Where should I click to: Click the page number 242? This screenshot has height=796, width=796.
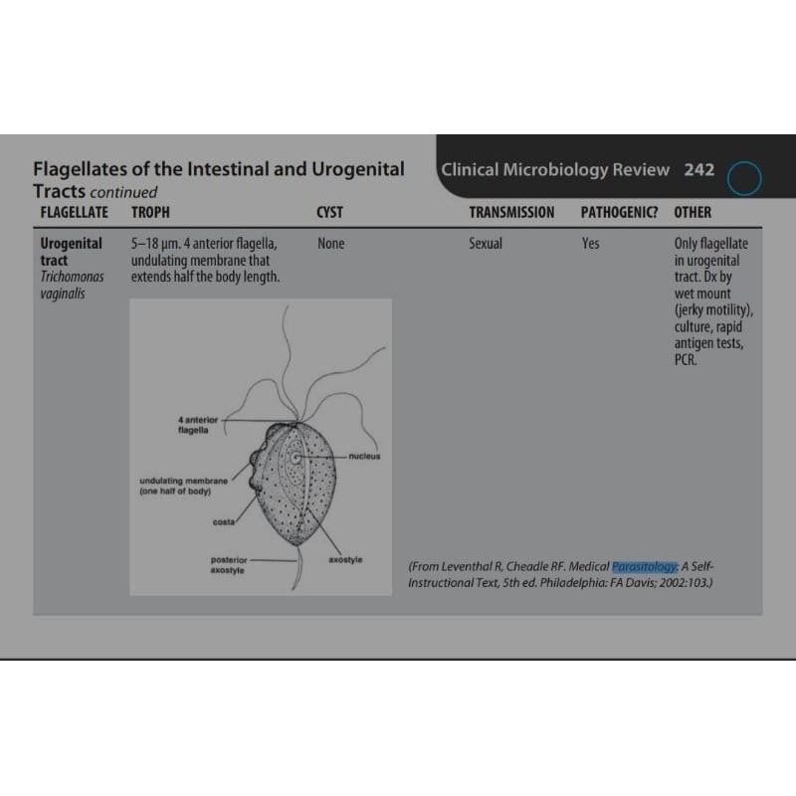[698, 169]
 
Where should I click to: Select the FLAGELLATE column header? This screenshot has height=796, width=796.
[75, 212]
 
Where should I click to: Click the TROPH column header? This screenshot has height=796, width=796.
[150, 212]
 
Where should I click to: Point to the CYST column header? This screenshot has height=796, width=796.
[329, 212]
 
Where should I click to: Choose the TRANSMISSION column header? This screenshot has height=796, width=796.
[511, 212]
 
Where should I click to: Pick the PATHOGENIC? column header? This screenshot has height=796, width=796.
[619, 212]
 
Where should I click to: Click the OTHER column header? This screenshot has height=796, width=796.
[693, 212]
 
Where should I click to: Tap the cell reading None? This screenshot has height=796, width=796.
[330, 243]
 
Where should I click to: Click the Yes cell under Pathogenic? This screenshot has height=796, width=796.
[591, 243]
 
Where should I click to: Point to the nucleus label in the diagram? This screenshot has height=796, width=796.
[365, 456]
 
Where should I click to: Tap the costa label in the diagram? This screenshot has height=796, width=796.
[224, 522]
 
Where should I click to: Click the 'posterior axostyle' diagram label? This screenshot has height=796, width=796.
[229, 565]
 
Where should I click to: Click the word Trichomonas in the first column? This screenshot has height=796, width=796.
[72, 277]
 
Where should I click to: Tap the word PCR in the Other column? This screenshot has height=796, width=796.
[686, 360]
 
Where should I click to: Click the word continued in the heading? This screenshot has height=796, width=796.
[122, 191]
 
